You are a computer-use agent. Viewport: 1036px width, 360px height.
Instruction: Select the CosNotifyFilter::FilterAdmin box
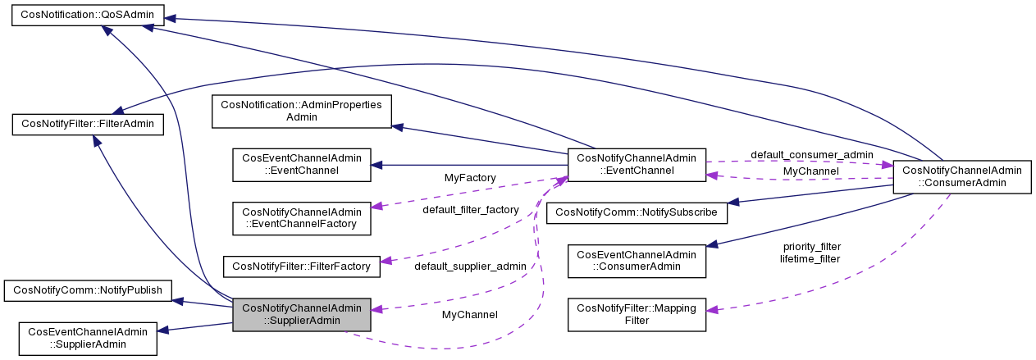(x=89, y=125)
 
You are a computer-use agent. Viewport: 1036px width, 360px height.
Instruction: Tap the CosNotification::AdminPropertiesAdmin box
(x=302, y=112)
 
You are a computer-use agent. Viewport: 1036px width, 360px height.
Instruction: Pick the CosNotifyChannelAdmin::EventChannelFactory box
(x=302, y=216)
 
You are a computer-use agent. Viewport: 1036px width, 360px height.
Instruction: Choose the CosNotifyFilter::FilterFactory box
(x=302, y=266)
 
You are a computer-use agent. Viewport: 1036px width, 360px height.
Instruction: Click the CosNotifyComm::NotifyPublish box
(x=88, y=289)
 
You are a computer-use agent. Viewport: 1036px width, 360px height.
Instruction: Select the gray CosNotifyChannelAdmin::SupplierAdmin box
(x=302, y=315)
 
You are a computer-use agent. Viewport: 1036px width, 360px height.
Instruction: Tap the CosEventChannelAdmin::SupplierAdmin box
(x=88, y=338)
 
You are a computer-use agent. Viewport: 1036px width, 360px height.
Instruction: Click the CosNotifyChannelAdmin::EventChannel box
(x=637, y=165)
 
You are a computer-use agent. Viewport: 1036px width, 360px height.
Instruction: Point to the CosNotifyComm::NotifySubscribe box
(x=637, y=212)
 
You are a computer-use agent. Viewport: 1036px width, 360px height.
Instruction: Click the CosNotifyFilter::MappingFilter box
(x=637, y=315)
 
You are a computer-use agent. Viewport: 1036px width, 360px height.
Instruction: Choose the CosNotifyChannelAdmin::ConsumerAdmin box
(x=961, y=177)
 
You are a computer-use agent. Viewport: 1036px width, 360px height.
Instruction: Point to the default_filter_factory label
(x=471, y=210)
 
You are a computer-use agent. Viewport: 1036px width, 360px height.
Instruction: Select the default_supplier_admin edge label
(x=470, y=267)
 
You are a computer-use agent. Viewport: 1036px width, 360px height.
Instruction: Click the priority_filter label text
(x=812, y=246)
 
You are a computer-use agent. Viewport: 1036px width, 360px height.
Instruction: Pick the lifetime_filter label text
(x=810, y=258)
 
